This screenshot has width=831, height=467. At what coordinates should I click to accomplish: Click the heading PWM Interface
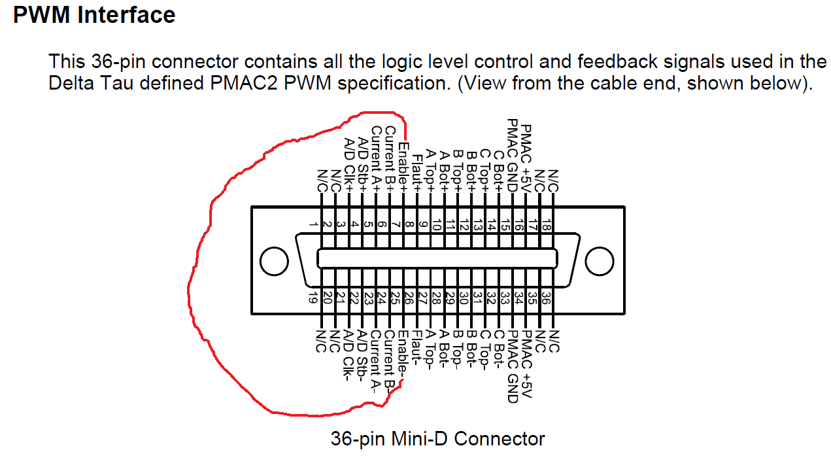coord(94,15)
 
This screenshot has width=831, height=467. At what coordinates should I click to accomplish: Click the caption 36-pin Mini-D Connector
coord(437,438)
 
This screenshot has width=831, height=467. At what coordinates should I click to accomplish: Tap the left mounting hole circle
coord(274,262)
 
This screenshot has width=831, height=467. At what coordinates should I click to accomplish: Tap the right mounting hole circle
coord(599,262)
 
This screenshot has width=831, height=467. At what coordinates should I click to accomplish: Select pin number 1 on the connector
coord(314,224)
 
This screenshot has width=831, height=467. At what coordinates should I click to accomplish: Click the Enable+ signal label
coord(404,167)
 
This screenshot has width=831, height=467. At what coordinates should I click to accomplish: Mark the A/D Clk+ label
coord(349,164)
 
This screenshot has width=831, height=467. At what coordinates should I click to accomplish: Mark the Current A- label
coord(376,360)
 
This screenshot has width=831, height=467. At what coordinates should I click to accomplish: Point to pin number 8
coord(409,224)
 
